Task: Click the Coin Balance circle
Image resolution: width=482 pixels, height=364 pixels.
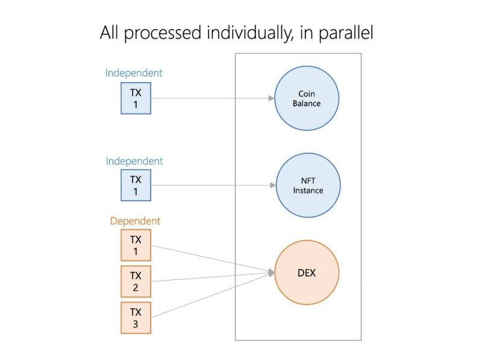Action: click(x=307, y=98)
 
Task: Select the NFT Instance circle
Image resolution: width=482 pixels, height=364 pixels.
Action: click(x=308, y=185)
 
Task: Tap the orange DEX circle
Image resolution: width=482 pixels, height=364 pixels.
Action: click(x=307, y=273)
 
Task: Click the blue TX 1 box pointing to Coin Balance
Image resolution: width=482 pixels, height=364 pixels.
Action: click(x=135, y=98)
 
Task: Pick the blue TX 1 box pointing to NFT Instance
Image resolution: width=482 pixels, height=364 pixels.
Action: click(x=135, y=185)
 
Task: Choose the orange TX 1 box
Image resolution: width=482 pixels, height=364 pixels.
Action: click(x=136, y=246)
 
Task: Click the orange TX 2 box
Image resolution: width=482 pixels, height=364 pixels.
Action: click(x=136, y=281)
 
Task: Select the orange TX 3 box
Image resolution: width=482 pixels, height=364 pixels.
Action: click(x=136, y=318)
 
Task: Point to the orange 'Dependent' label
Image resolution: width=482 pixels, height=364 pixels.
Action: click(x=135, y=221)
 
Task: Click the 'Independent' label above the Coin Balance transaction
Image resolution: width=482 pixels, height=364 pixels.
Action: click(x=134, y=73)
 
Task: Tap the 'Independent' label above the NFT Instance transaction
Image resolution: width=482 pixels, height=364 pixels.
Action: click(x=134, y=161)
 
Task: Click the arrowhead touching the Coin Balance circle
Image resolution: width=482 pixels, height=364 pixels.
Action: click(x=271, y=98)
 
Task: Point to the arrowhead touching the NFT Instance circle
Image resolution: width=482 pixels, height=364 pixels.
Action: click(x=272, y=185)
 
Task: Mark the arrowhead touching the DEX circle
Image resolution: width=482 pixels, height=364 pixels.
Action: click(x=271, y=273)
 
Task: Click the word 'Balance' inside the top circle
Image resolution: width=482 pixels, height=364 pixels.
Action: click(x=307, y=103)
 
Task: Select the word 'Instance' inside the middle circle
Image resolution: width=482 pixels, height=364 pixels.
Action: click(x=308, y=191)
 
